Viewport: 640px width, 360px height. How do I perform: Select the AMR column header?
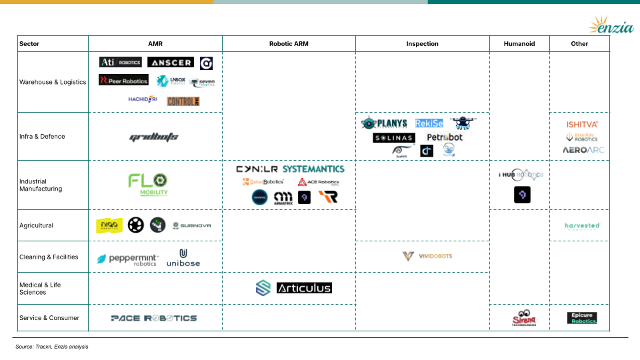coord(155,44)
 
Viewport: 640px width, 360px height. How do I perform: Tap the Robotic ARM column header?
coord(288,44)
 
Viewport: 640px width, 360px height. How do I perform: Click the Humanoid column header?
coord(519,44)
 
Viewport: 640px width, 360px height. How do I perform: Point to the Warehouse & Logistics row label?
coord(53,82)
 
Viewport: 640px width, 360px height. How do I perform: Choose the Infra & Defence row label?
coord(42,136)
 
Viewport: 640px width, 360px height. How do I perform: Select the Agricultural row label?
coord(36,225)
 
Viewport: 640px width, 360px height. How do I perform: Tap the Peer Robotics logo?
coord(123,80)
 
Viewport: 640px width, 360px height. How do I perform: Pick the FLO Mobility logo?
coord(148,184)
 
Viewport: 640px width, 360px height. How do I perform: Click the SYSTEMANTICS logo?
coord(313,169)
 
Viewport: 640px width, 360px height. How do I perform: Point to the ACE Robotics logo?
coord(318,182)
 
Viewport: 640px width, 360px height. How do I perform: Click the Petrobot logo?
coord(444,137)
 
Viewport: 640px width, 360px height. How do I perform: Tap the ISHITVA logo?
coord(582,124)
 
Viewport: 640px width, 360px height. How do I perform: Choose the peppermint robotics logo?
coord(128,259)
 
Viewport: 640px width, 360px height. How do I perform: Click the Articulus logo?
coord(303,288)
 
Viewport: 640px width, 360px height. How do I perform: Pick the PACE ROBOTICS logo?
coord(154,318)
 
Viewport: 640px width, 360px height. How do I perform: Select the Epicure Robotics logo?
coord(582,318)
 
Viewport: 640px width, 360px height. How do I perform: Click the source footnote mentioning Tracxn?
coord(52,347)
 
